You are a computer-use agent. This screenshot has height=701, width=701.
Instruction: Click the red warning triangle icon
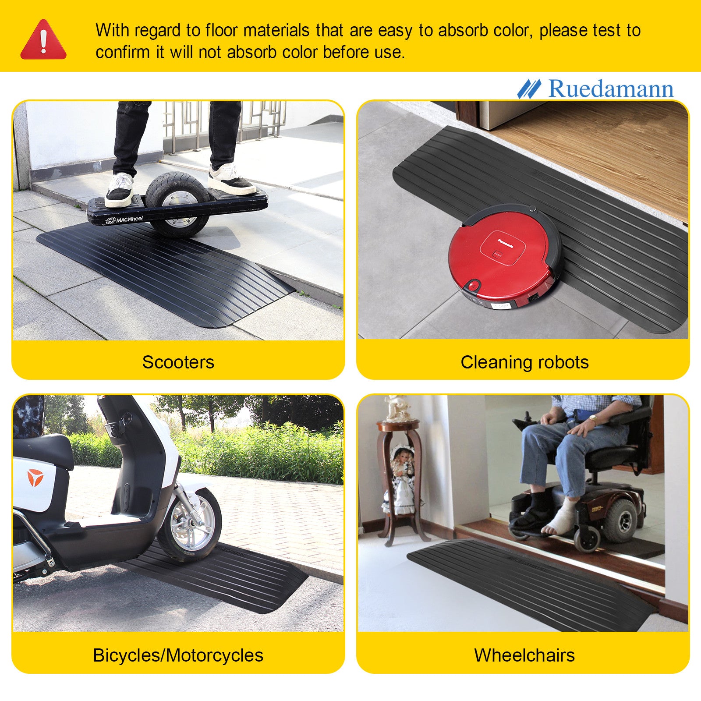[43, 40]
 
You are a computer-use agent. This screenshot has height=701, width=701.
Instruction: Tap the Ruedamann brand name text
[611, 89]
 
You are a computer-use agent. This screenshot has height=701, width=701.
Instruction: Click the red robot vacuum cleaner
[504, 257]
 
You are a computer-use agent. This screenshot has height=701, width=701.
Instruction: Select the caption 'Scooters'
[178, 362]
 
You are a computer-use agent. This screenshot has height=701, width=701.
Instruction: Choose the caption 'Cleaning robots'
[524, 362]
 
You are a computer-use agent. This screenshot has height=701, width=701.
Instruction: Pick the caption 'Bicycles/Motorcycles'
[178, 655]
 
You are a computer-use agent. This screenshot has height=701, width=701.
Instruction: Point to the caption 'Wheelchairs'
[524, 655]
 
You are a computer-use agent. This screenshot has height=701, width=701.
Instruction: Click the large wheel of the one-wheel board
[177, 204]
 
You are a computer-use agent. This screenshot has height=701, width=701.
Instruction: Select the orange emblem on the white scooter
[35, 478]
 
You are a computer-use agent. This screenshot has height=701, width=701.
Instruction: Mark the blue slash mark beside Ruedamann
[529, 89]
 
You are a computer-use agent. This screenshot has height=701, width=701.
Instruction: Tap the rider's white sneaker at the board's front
[119, 189]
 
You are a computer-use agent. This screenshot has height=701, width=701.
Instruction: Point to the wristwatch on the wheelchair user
[593, 419]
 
